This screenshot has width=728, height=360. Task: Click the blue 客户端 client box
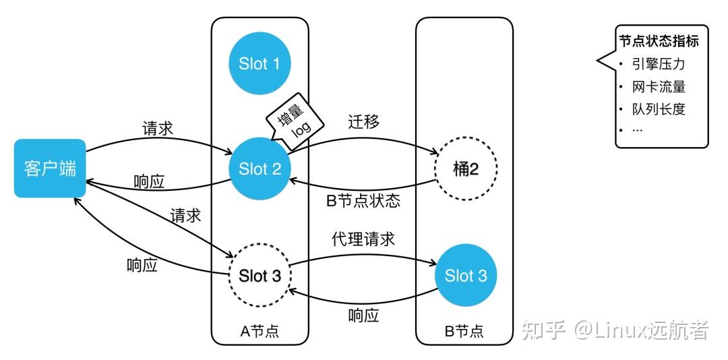click(x=50, y=168)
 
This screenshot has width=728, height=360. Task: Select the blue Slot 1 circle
click(x=259, y=64)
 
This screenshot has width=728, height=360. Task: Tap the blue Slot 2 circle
click(x=260, y=169)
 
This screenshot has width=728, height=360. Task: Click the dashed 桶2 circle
click(x=465, y=169)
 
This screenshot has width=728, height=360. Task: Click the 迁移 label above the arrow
click(x=363, y=122)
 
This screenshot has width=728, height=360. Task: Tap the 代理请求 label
click(x=363, y=239)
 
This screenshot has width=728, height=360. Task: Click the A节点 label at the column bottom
click(x=260, y=331)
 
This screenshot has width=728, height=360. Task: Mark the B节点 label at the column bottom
click(x=464, y=331)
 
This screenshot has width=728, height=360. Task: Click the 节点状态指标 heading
click(x=659, y=41)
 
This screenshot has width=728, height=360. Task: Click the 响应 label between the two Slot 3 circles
click(x=363, y=315)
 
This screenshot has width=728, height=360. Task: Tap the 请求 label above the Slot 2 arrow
click(x=158, y=128)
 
